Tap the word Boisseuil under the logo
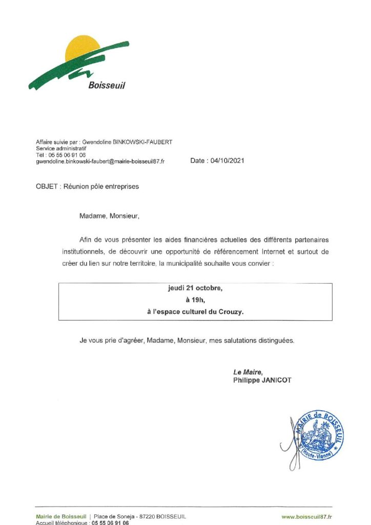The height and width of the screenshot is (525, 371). pos(107,86)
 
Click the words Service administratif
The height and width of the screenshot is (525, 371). pos(61,148)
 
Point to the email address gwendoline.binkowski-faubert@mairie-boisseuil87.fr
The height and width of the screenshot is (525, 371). pos(100,161)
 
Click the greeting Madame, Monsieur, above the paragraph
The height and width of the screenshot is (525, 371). pos(109,216)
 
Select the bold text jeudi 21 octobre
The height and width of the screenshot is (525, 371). pos(195,288)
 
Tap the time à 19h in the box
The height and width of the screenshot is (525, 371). pos(195,300)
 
